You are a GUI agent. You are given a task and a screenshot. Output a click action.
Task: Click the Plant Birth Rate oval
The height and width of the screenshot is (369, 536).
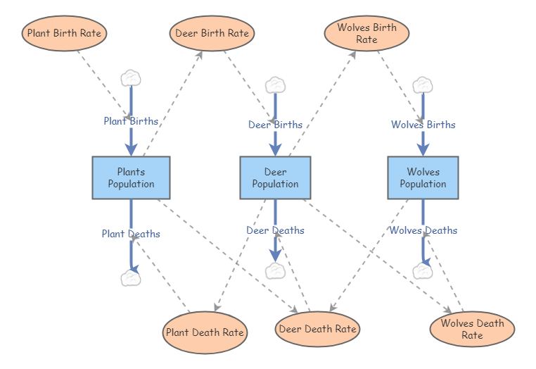point(64,33)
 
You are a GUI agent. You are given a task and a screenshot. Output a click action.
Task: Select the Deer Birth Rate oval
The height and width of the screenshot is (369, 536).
point(212,33)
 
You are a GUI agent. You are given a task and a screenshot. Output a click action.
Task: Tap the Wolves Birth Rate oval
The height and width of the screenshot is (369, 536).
point(366,34)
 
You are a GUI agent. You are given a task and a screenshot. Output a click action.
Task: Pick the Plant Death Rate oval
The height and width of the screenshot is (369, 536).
point(205,332)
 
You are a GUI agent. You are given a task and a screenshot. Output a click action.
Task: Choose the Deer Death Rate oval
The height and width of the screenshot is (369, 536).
point(317,329)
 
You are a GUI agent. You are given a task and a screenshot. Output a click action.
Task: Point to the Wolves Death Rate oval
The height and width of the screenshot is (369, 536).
point(472,330)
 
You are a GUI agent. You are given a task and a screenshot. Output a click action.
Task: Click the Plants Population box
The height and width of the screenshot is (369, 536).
point(131,177)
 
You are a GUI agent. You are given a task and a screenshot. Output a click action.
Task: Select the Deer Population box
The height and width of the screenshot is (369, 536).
point(275,177)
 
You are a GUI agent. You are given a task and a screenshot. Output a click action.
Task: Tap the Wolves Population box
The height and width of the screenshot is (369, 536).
point(423,177)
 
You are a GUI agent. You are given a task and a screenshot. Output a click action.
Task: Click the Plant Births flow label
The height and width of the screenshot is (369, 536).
point(131,121)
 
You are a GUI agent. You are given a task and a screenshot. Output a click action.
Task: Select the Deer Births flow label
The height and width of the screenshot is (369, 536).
point(275,125)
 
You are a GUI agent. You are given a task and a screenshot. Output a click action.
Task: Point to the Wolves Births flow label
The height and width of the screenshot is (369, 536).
point(423,125)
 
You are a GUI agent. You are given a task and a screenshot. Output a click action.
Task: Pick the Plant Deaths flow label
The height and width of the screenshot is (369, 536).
point(131,234)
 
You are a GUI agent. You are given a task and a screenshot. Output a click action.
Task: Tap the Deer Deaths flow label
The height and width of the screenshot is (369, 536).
point(275,230)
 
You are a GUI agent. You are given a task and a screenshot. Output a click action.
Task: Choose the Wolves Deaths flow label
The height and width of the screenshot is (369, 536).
point(423,230)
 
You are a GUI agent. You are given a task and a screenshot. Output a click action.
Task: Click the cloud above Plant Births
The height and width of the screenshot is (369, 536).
point(131,77)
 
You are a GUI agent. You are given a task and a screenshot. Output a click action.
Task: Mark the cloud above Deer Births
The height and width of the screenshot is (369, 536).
point(275,85)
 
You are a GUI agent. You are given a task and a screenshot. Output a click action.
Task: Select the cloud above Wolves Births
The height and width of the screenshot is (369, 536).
point(423,85)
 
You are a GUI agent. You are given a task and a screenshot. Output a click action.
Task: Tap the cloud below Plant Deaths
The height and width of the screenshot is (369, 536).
point(131,277)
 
